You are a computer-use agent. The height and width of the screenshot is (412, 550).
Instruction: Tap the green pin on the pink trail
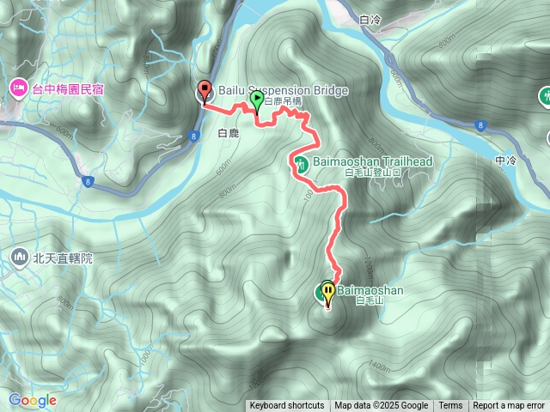tap(256, 102)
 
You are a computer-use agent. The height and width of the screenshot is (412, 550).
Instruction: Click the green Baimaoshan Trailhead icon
tap(301, 163)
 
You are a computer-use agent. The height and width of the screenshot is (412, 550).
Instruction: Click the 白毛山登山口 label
tap(373, 173)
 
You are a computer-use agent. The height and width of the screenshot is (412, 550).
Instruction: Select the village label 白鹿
tap(228, 133)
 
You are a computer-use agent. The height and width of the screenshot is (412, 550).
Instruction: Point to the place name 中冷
tap(505, 161)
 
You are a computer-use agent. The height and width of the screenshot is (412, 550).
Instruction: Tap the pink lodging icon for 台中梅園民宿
tap(17, 87)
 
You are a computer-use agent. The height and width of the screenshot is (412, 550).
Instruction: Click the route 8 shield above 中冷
tap(479, 125)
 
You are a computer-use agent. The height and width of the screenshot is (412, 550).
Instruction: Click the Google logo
tap(33, 400)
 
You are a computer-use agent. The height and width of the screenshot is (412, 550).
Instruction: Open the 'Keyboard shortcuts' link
tap(287, 406)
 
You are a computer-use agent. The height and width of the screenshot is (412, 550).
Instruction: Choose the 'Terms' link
tap(450, 406)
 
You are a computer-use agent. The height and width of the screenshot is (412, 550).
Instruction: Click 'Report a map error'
tap(509, 406)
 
